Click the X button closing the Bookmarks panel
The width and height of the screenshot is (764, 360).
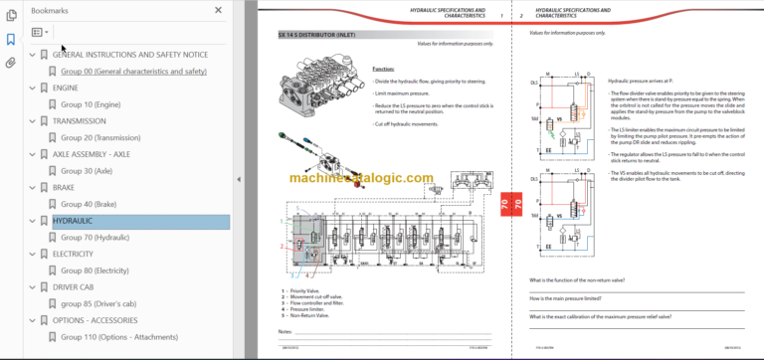pyautogui.click(x=219, y=10)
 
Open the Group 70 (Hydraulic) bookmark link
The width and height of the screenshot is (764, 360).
pyautogui.click(x=95, y=238)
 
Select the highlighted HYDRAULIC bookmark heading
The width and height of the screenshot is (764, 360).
pyautogui.click(x=73, y=221)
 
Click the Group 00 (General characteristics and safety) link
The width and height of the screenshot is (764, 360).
pyautogui.click(x=133, y=72)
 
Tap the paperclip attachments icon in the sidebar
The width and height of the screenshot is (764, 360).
pyautogui.click(x=11, y=63)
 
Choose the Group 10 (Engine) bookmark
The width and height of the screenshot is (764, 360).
pyautogui.click(x=92, y=104)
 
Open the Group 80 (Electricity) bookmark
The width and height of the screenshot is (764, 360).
pyautogui.click(x=95, y=270)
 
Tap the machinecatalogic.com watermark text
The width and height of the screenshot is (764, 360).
pyautogui.click(x=362, y=179)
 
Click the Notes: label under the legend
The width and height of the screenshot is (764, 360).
pyautogui.click(x=285, y=331)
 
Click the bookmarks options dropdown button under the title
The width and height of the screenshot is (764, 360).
pyautogui.click(x=40, y=32)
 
